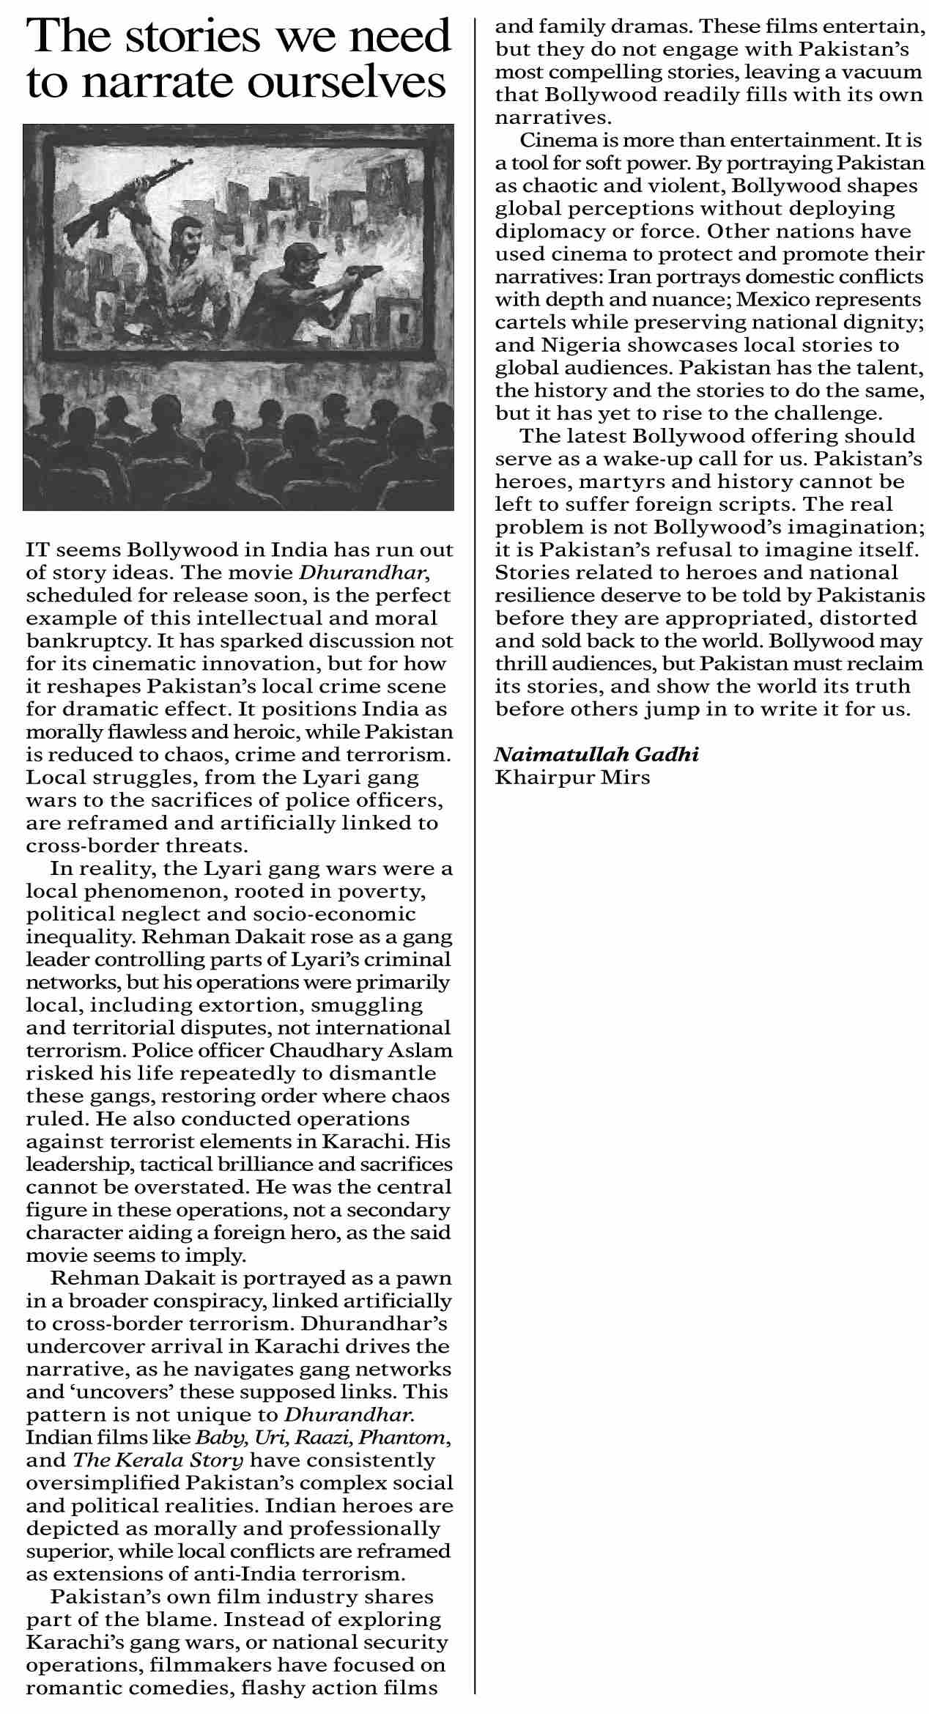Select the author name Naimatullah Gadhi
596,754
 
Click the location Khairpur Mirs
572,777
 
